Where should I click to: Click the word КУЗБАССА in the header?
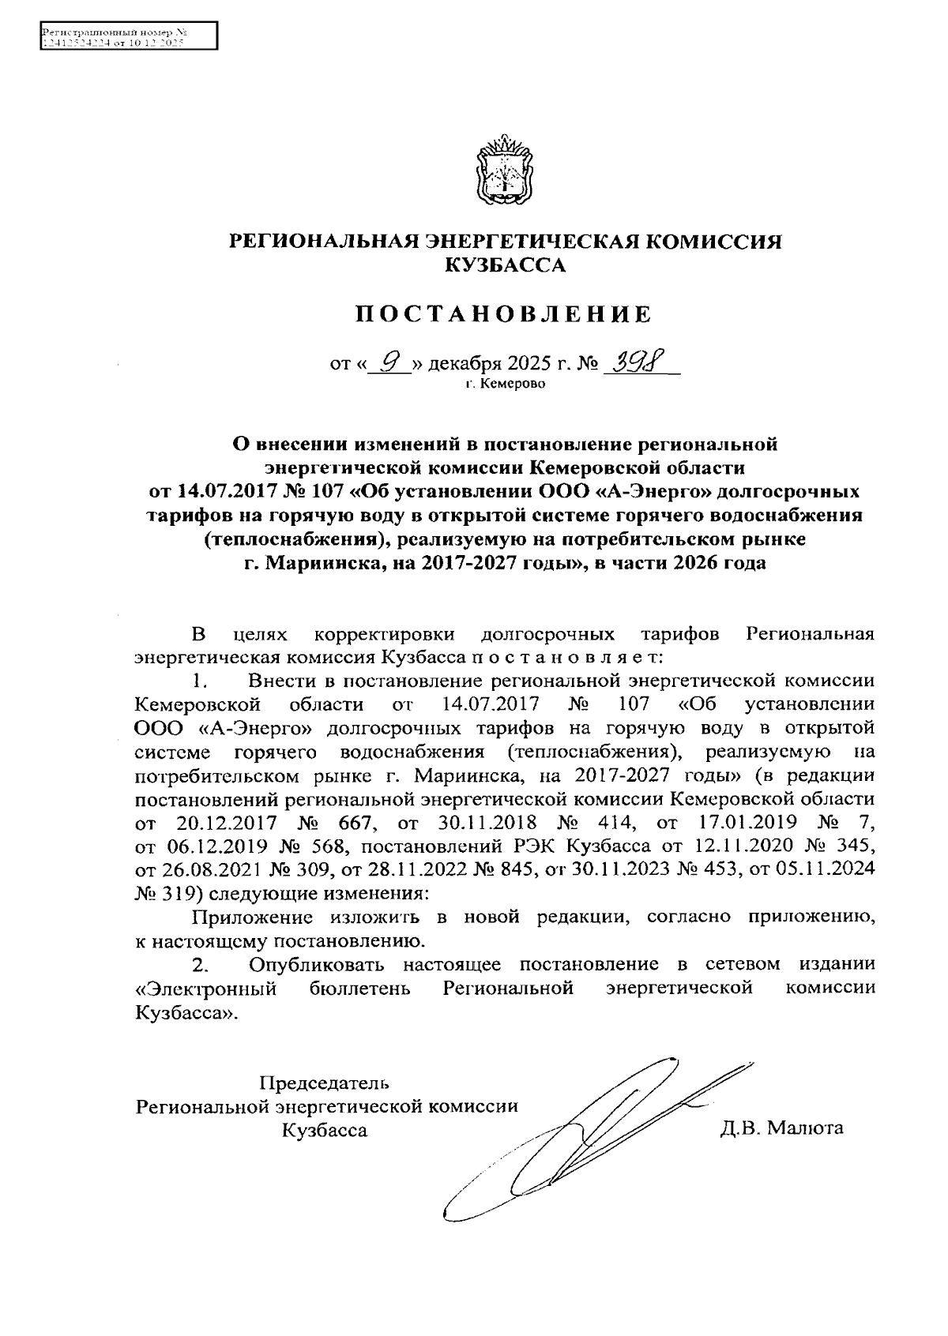[x=506, y=265]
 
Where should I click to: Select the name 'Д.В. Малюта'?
[x=781, y=1128]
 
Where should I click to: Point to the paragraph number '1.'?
[x=201, y=681]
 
